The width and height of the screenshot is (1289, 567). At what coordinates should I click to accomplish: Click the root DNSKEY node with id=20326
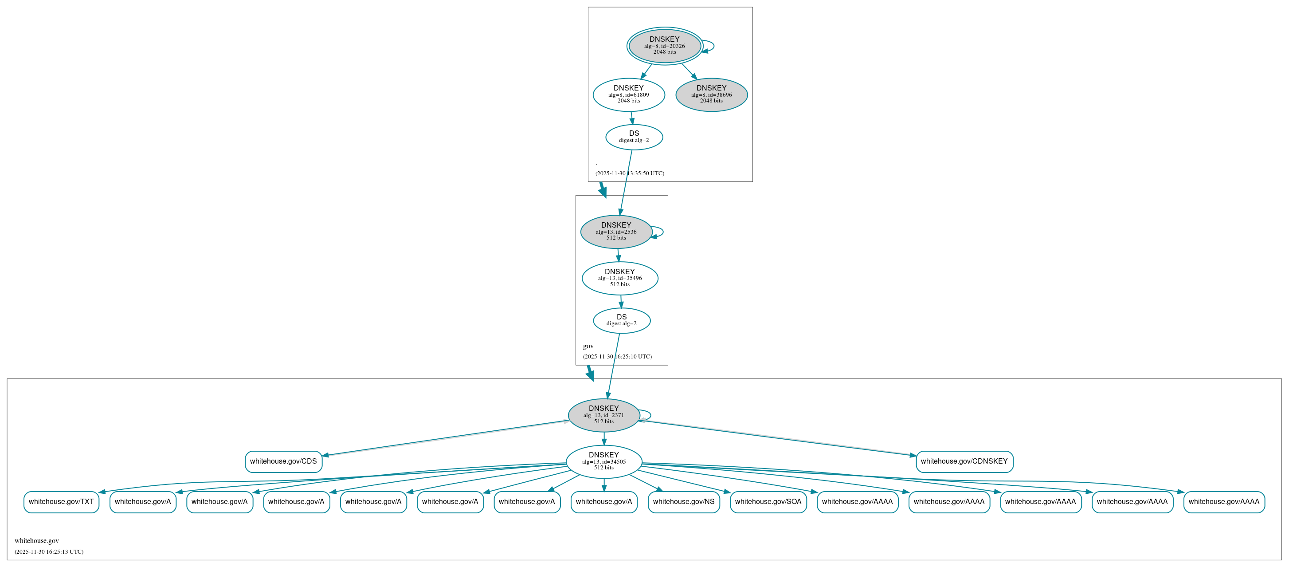664,46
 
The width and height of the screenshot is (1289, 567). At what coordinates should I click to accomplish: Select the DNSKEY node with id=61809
628,94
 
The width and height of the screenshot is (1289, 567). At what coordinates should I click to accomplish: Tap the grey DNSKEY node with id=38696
711,94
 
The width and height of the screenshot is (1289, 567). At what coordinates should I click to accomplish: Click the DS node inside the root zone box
634,137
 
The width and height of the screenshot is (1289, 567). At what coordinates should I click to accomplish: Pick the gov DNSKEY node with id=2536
616,232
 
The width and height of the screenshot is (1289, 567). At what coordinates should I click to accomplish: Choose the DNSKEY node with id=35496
619,278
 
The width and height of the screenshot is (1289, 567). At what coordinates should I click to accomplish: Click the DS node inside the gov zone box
622,320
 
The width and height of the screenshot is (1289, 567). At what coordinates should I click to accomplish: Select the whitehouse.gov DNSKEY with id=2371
603,415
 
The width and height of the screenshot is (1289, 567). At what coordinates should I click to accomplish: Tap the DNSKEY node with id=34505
603,461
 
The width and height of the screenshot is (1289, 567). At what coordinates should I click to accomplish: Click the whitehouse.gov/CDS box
283,461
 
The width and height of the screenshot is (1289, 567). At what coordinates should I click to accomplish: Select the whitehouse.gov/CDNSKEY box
964,461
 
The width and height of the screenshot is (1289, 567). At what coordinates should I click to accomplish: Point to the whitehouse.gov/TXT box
61,502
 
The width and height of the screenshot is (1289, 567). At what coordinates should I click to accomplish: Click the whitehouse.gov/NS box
684,502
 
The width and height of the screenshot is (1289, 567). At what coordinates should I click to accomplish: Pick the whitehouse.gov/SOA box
768,502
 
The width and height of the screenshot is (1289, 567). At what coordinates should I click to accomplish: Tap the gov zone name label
588,346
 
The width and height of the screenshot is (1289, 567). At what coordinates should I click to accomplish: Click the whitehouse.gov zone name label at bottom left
36,541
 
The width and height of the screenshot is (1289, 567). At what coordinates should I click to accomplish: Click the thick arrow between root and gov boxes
603,189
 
